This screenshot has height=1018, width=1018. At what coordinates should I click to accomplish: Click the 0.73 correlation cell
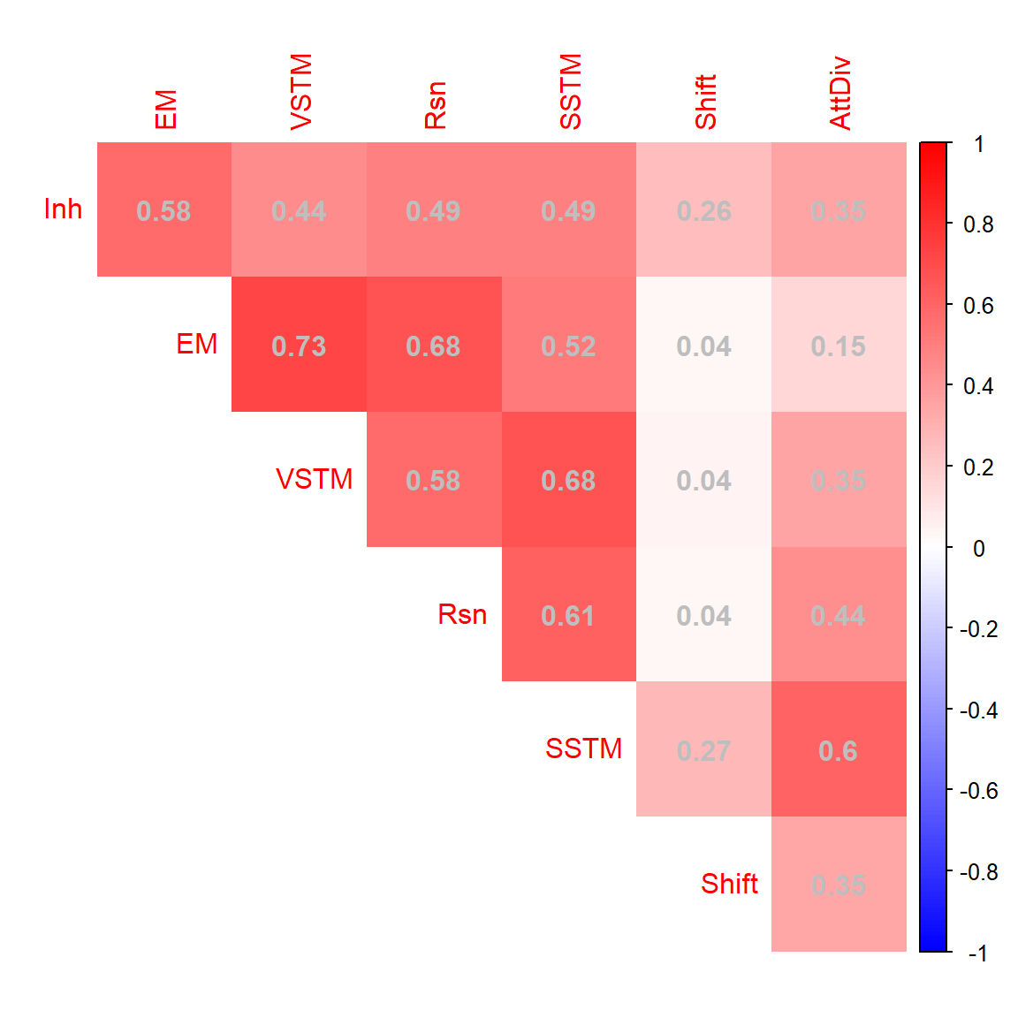click(299, 345)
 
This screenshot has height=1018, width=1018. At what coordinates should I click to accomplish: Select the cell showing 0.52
click(568, 345)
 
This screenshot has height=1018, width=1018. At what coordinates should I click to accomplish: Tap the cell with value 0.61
click(568, 614)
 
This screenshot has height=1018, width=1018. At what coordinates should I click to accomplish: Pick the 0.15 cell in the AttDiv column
click(839, 345)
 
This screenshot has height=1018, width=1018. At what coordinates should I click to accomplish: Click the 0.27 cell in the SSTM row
click(703, 749)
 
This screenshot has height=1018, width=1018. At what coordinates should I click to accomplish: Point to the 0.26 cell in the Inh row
click(703, 210)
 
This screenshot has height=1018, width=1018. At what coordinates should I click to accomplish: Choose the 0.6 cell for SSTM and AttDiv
click(839, 749)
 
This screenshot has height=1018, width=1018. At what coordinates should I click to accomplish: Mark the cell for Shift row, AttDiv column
click(839, 884)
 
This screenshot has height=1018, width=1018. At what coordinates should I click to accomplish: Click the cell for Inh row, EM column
click(164, 210)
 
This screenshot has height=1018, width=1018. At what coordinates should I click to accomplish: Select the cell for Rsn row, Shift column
click(703, 614)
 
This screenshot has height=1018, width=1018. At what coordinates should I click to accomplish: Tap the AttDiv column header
click(840, 94)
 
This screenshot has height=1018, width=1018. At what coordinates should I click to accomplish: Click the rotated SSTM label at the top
click(571, 92)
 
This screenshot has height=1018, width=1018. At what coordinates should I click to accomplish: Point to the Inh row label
click(63, 209)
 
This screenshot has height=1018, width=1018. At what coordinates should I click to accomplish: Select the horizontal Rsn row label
click(462, 614)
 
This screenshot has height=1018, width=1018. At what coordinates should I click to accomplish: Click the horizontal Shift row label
click(729, 884)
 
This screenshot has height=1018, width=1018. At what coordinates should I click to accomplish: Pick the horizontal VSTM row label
click(314, 479)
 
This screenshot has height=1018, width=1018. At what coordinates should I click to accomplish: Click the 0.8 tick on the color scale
click(978, 224)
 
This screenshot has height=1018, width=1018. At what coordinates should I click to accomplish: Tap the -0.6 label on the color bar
click(978, 791)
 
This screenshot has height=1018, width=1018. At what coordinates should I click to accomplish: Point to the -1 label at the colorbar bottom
click(977, 953)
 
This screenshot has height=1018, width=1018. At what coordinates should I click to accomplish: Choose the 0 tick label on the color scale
click(978, 549)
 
